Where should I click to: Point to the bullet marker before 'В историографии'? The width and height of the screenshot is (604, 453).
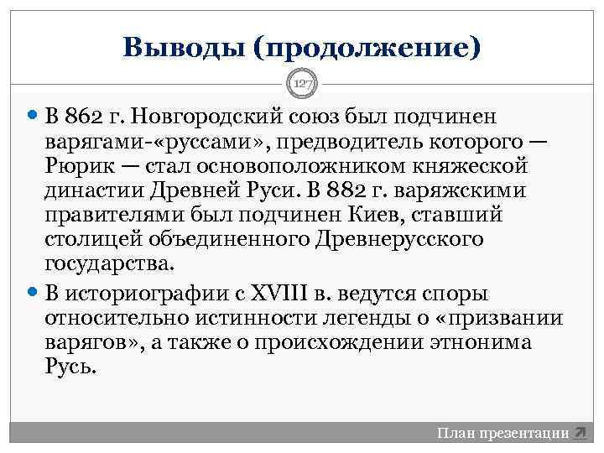(33, 294)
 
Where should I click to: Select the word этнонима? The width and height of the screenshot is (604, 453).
(472, 344)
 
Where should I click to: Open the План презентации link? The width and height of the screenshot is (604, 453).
(502, 433)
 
